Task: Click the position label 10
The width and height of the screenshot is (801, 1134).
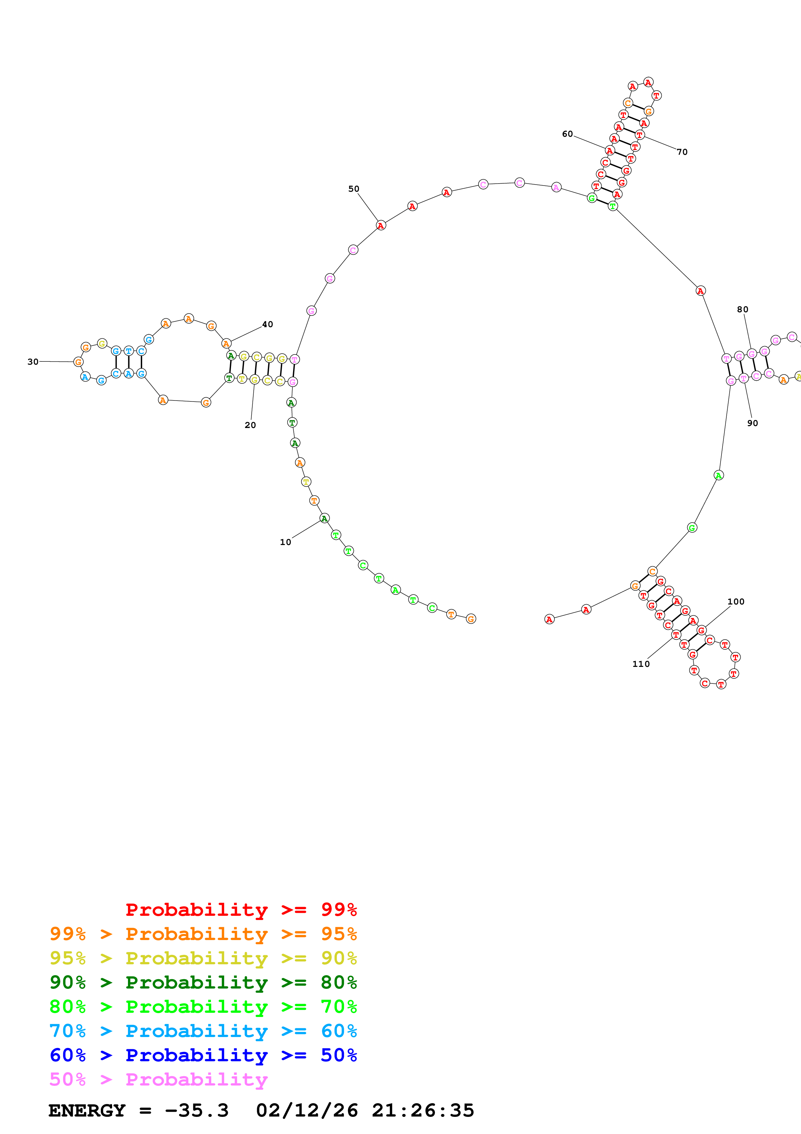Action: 285,542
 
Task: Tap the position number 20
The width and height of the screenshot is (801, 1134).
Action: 250,425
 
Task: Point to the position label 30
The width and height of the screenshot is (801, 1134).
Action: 33,361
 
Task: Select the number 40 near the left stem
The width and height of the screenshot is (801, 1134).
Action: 268,324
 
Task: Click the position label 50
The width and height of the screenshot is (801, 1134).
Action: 354,189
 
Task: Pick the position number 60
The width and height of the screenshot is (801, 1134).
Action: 568,134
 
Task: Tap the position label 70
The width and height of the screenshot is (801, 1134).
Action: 682,152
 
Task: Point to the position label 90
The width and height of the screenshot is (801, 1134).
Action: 753,423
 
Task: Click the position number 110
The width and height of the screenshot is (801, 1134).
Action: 641,664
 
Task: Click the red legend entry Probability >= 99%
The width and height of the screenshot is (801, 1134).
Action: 241,909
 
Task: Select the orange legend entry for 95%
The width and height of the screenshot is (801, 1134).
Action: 203,934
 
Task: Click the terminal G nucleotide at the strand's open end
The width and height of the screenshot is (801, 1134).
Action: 471,619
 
